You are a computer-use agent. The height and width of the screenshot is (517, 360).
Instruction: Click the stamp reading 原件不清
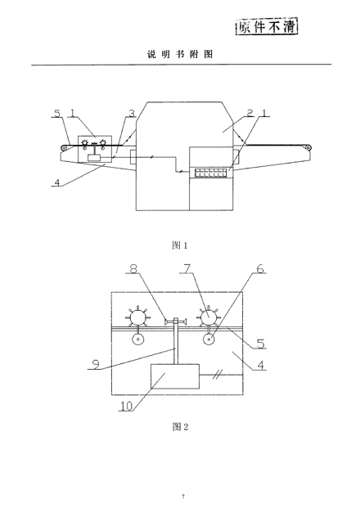click(267, 27)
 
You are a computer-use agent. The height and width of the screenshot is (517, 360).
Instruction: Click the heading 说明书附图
click(180, 54)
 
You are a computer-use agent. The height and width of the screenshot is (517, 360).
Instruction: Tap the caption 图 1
click(180, 245)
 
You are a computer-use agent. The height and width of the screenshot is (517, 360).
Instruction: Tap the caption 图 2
click(180, 427)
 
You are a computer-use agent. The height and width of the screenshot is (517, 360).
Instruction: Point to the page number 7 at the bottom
click(183, 497)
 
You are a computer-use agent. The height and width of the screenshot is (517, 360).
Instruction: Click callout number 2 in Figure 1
click(250, 113)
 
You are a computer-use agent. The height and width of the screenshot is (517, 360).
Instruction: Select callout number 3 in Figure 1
click(132, 113)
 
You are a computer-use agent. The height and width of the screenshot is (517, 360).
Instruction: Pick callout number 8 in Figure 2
click(133, 268)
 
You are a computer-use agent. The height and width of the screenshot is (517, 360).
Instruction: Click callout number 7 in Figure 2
click(187, 268)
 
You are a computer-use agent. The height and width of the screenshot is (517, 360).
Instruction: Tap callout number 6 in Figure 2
click(260, 268)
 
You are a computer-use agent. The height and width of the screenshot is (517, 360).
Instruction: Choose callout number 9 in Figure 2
click(96, 364)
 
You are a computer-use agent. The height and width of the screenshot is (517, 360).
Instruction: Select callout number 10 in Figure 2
click(126, 406)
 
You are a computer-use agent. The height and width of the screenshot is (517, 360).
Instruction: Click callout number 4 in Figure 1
click(58, 182)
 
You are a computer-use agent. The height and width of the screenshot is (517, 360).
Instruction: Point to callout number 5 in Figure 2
click(261, 344)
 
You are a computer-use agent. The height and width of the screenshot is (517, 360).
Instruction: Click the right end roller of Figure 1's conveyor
click(308, 148)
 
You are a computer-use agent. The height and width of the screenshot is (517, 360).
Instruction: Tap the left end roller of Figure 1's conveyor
click(64, 148)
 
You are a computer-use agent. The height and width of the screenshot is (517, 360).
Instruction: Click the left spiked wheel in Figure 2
click(137, 317)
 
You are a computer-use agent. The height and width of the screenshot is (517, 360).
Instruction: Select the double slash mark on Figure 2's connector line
click(219, 374)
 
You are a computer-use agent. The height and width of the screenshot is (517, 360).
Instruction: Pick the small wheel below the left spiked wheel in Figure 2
click(138, 339)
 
